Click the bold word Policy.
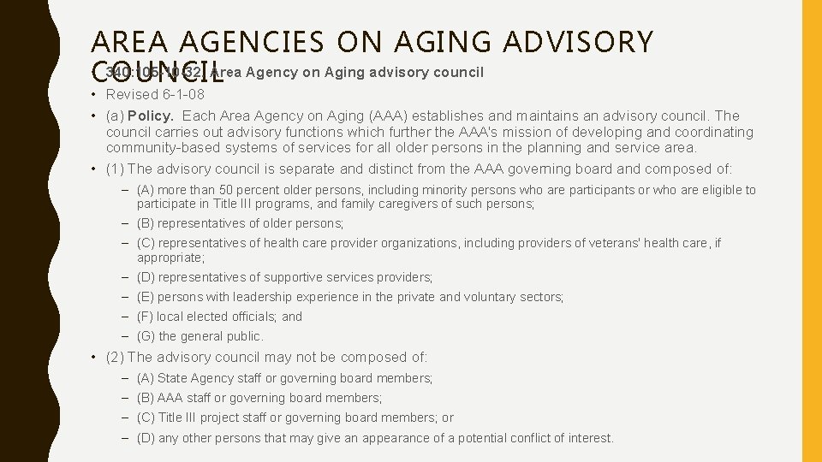tap(150, 115)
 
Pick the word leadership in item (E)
tap(249, 297)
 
